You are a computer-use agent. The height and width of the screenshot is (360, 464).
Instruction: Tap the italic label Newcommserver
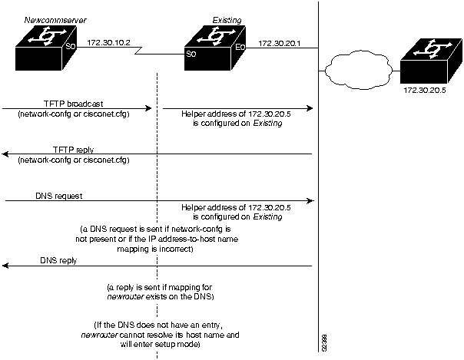[x=51, y=18]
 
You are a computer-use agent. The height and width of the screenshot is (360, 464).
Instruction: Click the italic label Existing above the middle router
[x=227, y=18]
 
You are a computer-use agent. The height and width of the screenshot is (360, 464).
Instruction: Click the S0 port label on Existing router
[x=190, y=54]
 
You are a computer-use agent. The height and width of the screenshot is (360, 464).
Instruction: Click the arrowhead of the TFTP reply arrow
[x=5, y=154]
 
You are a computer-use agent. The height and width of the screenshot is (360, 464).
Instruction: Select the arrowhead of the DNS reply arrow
[x=5, y=266]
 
